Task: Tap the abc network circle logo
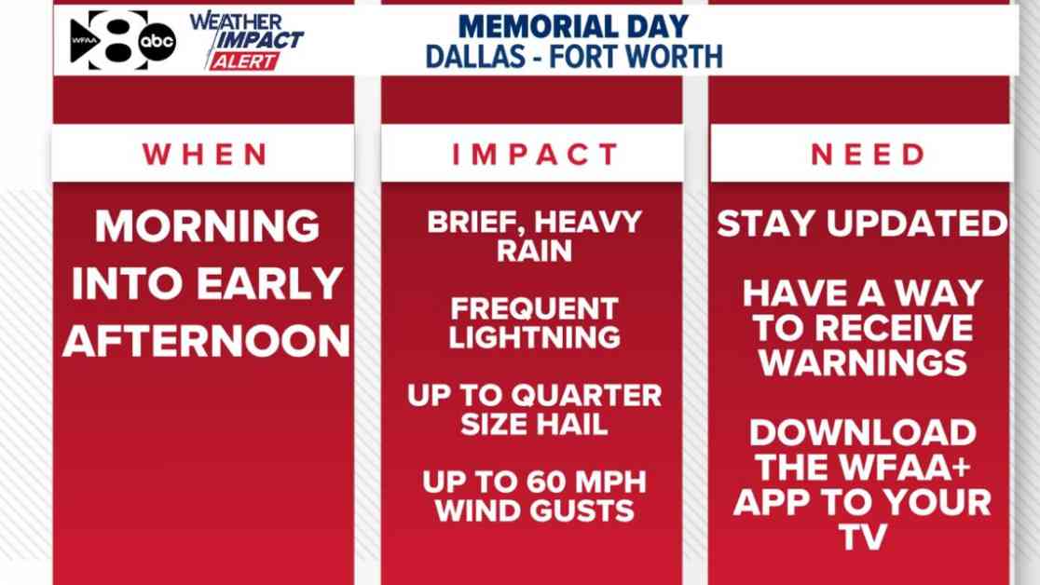tap(157, 42)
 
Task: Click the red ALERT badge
tap(244, 61)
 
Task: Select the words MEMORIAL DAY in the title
tap(573, 26)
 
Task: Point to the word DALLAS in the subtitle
tap(475, 57)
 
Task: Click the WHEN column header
tap(205, 155)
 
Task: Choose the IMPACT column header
tap(535, 155)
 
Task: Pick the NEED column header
tap(868, 155)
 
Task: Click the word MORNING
tap(207, 226)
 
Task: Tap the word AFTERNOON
tap(206, 341)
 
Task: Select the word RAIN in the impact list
tap(535, 252)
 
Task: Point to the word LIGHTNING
tap(535, 337)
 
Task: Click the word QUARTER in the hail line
tap(587, 395)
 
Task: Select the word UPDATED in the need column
tap(917, 224)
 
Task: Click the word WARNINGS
tap(863, 362)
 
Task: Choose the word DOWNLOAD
tap(863, 433)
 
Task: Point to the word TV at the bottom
tap(863, 537)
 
